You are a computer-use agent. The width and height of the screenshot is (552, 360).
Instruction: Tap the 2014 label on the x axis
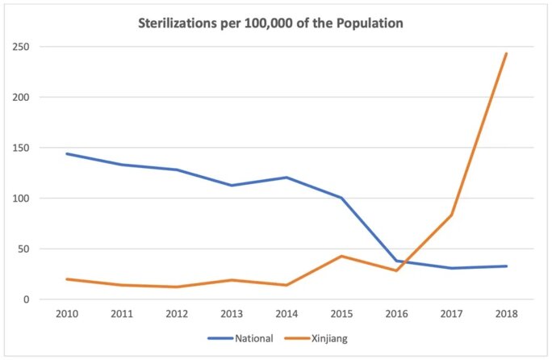(286, 314)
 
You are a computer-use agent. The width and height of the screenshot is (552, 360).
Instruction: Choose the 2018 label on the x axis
(506, 314)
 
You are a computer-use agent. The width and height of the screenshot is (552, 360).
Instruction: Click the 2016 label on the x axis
(396, 314)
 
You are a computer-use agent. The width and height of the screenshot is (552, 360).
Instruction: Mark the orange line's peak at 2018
(506, 54)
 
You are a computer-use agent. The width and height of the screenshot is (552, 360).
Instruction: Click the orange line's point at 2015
(341, 256)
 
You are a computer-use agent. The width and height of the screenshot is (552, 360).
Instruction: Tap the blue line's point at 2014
(286, 178)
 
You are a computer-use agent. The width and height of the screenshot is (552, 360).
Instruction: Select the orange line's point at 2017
(451, 215)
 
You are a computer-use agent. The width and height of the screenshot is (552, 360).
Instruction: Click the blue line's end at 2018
(506, 266)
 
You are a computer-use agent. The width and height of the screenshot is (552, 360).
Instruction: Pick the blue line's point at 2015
(341, 198)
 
